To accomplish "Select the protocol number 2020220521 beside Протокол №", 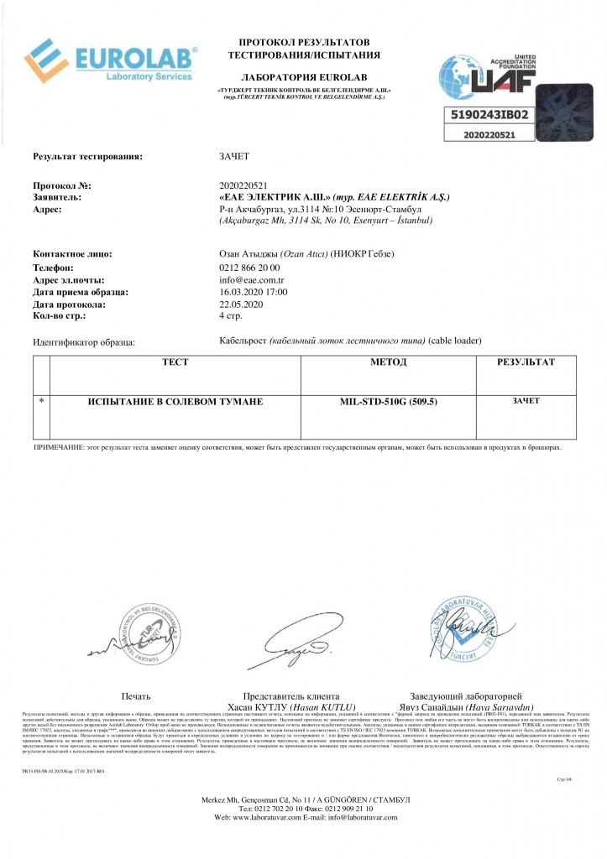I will (242, 185).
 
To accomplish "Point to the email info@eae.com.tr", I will (251, 279).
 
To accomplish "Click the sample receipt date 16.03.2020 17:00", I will (254, 292).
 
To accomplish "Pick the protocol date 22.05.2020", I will (241, 304).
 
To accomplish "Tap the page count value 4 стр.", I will (230, 316).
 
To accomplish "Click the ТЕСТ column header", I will (175, 362).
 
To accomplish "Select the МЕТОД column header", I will (388, 362).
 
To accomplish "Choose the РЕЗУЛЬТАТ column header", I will (526, 362).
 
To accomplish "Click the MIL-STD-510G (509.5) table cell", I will (388, 402).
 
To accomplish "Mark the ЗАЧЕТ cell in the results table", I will (526, 401).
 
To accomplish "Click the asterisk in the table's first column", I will (41, 402).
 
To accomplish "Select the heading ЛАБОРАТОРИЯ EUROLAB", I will (303, 77).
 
